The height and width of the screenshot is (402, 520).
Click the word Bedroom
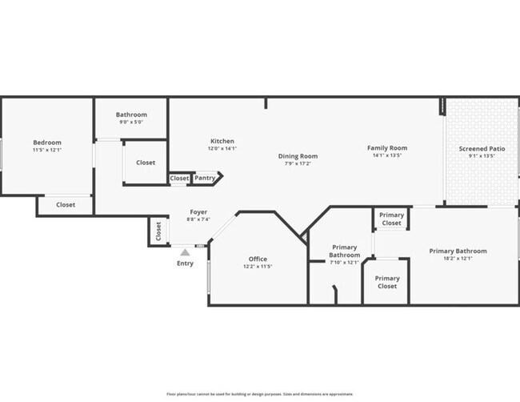pyautogui.click(x=47, y=143)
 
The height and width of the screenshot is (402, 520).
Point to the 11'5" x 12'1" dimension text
pyautogui.click(x=47, y=150)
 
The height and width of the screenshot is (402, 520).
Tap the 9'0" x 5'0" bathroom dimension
pyautogui.click(x=131, y=123)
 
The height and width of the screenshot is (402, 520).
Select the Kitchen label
pyautogui.click(x=222, y=141)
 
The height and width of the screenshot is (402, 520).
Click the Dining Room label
pyautogui.click(x=298, y=156)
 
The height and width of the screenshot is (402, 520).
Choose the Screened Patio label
pyautogui.click(x=482, y=149)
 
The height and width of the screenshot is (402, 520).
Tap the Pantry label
pyautogui.click(x=205, y=178)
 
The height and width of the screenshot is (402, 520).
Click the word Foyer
pyautogui.click(x=198, y=212)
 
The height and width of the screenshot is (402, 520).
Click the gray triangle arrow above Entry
pyautogui.click(x=185, y=252)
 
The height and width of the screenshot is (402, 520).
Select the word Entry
pyautogui.click(x=185, y=263)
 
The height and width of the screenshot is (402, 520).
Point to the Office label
pyautogui.click(x=258, y=259)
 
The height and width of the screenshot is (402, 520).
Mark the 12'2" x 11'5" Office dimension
pyautogui.click(x=258, y=266)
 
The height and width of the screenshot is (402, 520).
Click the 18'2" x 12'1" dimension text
pyautogui.click(x=458, y=258)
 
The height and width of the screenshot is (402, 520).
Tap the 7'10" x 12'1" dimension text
pyautogui.click(x=345, y=263)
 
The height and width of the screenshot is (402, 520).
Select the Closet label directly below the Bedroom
pyautogui.click(x=66, y=205)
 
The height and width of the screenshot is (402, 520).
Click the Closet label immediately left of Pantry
pyautogui.click(x=179, y=178)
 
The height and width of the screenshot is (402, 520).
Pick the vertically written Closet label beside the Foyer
pyautogui.click(x=158, y=232)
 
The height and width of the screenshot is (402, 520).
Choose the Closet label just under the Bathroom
pyautogui.click(x=146, y=163)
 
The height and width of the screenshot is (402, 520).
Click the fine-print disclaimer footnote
pyautogui.click(x=260, y=394)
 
